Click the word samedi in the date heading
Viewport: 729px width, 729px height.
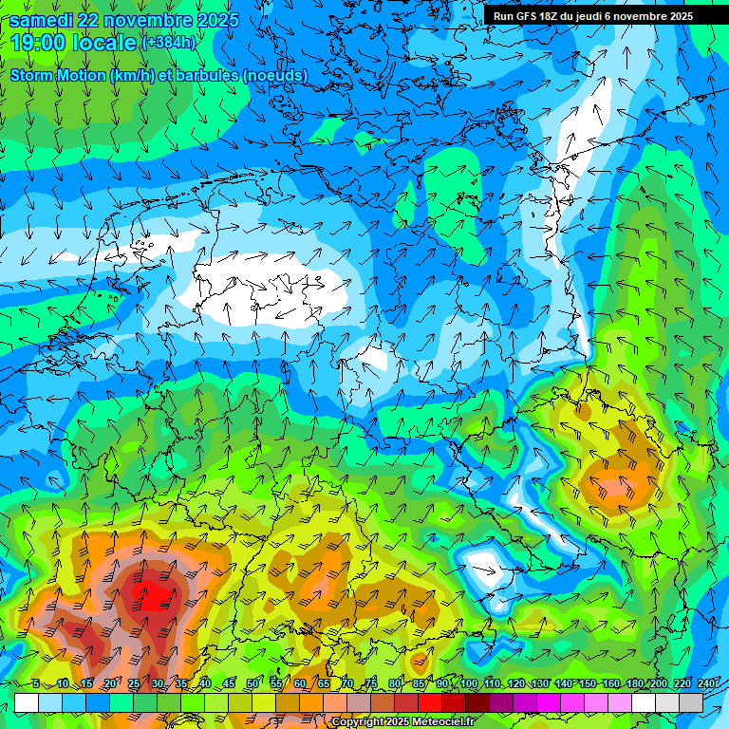(x=43, y=20)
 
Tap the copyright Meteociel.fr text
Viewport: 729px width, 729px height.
(x=402, y=722)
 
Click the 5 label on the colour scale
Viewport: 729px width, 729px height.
(x=36, y=683)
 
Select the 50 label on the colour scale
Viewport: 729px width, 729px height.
(x=252, y=683)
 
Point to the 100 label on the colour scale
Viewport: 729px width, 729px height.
(x=468, y=683)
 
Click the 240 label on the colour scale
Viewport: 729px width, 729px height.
(x=706, y=683)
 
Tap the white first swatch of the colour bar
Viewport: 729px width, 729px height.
(x=27, y=702)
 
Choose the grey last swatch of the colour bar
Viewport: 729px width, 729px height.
(x=691, y=702)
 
